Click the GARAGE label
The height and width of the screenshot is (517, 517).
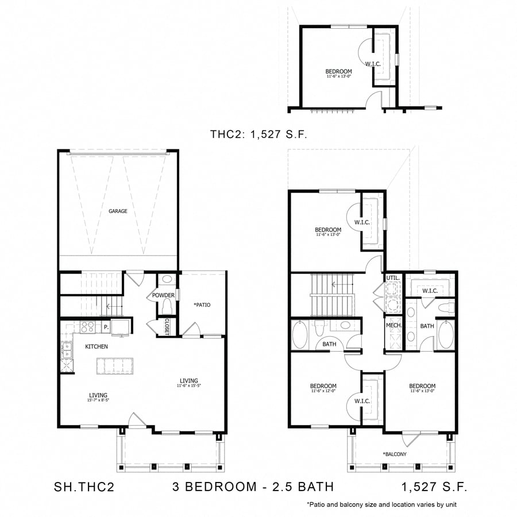118,211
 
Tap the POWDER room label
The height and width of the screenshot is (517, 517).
163,295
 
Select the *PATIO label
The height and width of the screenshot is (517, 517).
202,304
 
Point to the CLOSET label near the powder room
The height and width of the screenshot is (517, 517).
167,326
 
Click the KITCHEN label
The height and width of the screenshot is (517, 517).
97,347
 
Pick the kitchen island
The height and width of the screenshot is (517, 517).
115,366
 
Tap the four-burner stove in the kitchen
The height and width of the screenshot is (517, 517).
87,327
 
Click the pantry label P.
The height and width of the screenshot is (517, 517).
106,327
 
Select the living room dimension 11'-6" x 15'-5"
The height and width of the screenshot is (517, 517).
188,386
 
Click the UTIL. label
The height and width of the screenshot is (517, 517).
392,277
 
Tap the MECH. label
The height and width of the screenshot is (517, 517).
393,326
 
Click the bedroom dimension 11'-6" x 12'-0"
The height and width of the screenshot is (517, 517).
323,391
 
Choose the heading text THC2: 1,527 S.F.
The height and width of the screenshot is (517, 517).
259,134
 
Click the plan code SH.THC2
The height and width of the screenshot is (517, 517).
84,487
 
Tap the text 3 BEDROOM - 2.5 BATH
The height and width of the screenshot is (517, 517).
253,487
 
